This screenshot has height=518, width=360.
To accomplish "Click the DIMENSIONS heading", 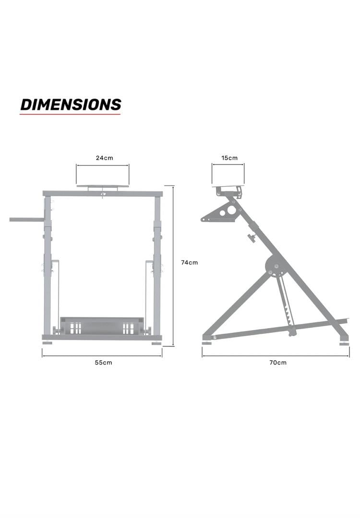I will pyautogui.click(x=71, y=104).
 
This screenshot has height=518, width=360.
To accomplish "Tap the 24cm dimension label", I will pyautogui.click(x=104, y=158).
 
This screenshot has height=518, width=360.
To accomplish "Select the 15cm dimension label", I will pyautogui.click(x=229, y=158).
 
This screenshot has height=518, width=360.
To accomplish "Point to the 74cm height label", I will pyautogui.click(x=189, y=262).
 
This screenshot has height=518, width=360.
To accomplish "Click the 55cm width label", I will pyautogui.click(x=103, y=363).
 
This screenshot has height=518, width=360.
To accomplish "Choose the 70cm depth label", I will pyautogui.click(x=277, y=363).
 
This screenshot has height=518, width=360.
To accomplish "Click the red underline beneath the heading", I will pyautogui.click(x=70, y=114).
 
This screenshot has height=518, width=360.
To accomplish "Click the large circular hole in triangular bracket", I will pyautogui.click(x=232, y=210).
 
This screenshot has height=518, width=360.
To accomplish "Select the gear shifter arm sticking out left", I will pyautogui.click(x=26, y=220).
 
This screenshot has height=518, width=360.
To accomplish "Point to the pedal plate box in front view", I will pyautogui.click(x=101, y=326).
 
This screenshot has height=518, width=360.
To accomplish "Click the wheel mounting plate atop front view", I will pyautogui.click(x=102, y=186).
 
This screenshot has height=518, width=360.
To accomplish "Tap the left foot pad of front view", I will pyautogui.click(x=47, y=343).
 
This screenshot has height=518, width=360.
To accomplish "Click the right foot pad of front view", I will pyautogui.click(x=156, y=343).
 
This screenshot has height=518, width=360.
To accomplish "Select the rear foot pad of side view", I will pyautogui.click(x=345, y=343).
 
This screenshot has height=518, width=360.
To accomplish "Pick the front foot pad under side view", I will pyautogui.click(x=207, y=343).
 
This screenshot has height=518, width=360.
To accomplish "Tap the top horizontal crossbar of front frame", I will pyautogui.click(x=102, y=194).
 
